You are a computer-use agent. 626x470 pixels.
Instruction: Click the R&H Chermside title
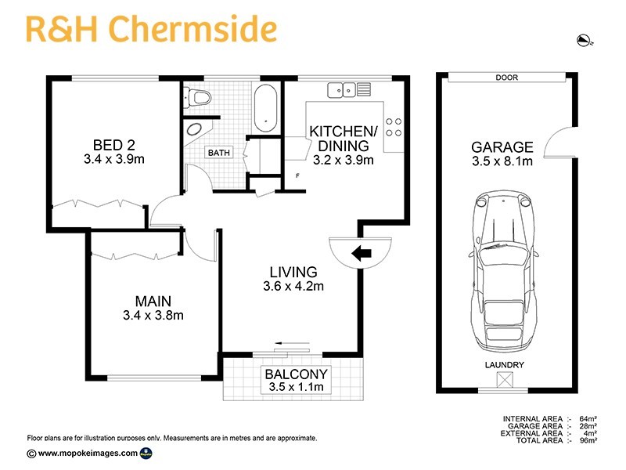tap(151, 29)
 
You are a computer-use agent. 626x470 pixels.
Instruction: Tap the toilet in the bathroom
tap(199, 97)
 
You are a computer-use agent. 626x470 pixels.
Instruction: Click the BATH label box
tap(219, 153)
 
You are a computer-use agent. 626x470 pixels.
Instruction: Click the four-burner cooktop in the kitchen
tap(394, 128)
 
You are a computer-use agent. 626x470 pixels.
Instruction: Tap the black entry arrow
tap(361, 253)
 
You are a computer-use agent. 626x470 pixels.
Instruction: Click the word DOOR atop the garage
tap(507, 78)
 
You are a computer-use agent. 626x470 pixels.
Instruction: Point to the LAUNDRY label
tap(505, 366)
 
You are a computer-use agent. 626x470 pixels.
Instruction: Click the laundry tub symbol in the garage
tap(505, 380)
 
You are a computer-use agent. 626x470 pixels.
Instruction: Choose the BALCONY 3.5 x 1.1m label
tap(296, 380)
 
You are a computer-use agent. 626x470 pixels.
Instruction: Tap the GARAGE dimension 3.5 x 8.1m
tap(502, 162)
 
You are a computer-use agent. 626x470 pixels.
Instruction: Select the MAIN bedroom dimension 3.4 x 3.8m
tap(153, 316)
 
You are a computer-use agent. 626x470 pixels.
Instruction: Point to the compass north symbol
tap(581, 40)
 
